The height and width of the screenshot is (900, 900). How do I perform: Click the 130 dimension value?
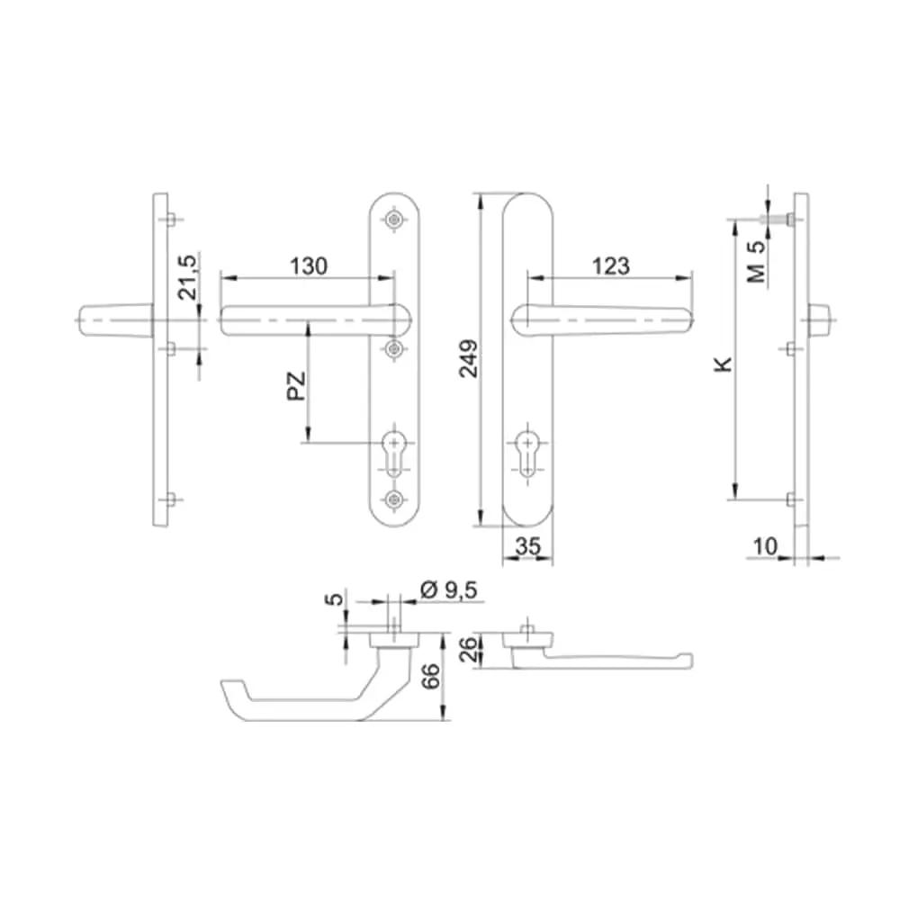point(308,266)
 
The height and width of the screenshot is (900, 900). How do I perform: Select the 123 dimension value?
point(611,266)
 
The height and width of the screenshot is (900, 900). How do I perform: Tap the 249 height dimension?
point(469,359)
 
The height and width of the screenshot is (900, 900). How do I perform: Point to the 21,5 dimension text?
point(187,277)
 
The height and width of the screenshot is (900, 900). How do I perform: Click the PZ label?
point(297,386)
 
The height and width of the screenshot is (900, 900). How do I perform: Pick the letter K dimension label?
point(724,364)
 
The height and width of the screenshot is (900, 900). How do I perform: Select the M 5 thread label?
point(757,262)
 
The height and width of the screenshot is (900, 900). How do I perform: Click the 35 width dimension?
point(527,546)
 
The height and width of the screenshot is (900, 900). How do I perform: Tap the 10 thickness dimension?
point(764,546)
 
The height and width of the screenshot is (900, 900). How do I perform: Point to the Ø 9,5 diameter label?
point(448,590)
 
